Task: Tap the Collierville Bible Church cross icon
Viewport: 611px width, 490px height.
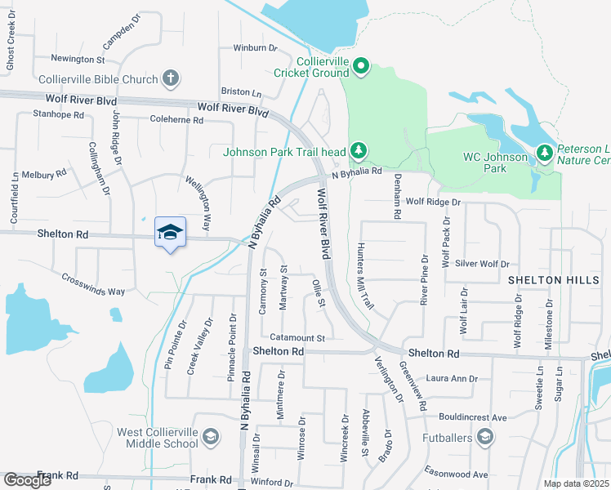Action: (x=170, y=79)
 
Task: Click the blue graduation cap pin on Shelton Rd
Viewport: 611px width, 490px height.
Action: (x=170, y=233)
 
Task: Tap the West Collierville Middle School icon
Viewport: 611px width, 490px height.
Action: (x=211, y=437)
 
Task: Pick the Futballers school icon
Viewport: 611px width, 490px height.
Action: (x=485, y=438)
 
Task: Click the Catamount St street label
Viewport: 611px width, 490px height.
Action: (x=298, y=337)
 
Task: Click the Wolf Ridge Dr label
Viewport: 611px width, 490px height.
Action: (x=433, y=201)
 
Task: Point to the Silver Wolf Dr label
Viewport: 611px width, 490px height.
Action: (x=482, y=264)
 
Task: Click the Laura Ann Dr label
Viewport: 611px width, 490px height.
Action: (x=452, y=379)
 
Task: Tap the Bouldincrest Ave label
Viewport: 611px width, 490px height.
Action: (x=471, y=416)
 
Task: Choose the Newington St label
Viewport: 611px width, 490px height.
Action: (x=78, y=60)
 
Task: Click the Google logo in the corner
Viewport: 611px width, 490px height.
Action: (x=27, y=480)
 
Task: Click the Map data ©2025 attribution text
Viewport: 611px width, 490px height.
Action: (x=576, y=483)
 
